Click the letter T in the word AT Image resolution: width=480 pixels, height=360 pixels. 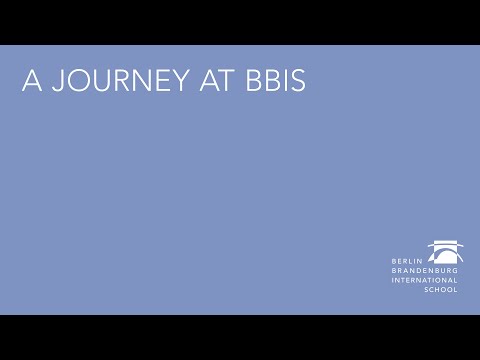[x=218, y=83]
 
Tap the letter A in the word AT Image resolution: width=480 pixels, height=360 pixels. [x=200, y=83]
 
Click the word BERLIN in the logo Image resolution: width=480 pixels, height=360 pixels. [x=407, y=261]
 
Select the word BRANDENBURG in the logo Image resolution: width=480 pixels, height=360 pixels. [x=425, y=271]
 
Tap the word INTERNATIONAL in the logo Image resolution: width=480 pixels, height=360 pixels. [x=425, y=280]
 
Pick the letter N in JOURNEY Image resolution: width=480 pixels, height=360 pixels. [x=138, y=83]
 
